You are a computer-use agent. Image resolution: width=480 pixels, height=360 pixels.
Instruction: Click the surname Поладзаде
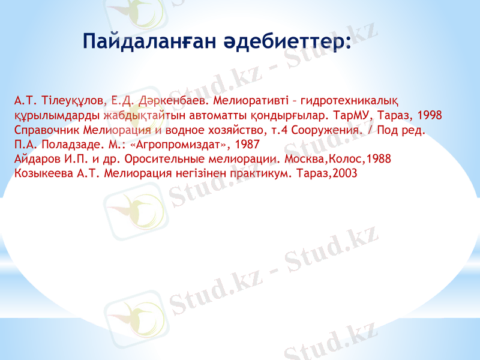pos(70,144)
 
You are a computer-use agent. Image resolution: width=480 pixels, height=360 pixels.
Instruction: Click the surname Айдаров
pos(36,159)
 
